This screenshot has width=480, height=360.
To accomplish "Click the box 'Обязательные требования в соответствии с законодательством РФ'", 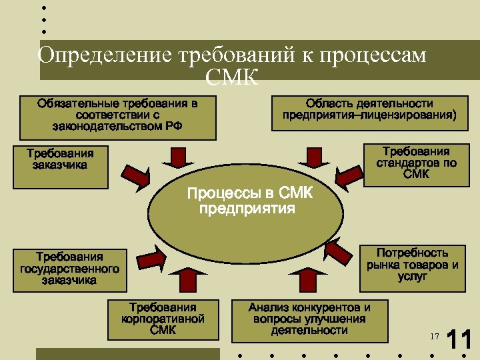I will click(x=117, y=117).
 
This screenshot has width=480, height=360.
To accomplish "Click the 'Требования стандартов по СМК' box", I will click(x=416, y=163).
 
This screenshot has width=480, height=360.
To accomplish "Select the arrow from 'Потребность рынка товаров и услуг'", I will click(x=338, y=252).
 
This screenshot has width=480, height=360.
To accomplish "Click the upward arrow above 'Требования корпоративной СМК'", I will click(x=189, y=280).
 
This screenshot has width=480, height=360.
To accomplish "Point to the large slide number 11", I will click(x=459, y=340).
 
